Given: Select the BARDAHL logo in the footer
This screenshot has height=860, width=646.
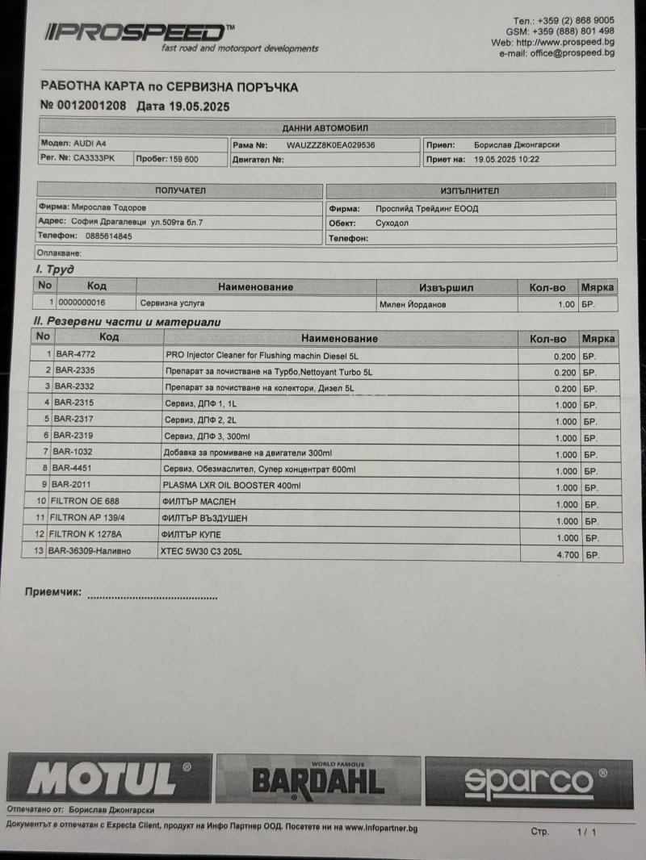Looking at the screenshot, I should point(318,779).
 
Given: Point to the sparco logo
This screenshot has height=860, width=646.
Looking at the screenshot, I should point(529,781).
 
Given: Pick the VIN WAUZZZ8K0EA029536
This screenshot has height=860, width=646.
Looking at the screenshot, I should point(330,145).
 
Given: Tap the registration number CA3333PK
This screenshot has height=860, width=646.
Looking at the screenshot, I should point(94,159).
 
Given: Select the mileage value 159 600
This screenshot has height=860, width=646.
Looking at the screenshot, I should point(183,160).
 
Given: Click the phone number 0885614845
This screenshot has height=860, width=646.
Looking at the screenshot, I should point(108,236).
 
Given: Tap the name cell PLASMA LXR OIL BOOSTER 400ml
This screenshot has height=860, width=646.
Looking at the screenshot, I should point(232,486).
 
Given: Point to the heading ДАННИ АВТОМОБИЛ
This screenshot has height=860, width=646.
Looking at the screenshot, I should point(326,128).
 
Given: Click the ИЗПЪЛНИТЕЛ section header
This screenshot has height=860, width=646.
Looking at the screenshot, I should point(470,191).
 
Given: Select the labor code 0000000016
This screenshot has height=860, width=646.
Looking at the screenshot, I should point(84,303).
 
